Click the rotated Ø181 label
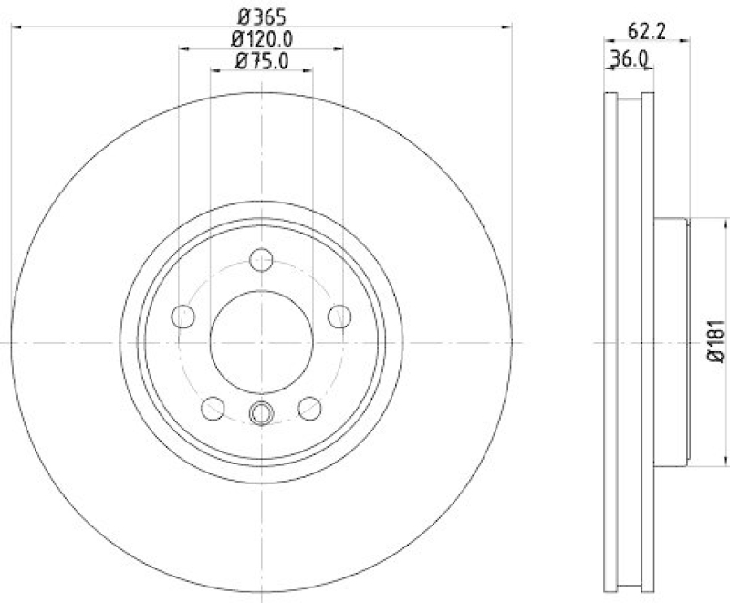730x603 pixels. (714, 341)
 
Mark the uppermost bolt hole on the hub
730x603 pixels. (262, 259)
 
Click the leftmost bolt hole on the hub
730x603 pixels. (184, 316)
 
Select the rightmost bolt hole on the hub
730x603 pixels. (339, 316)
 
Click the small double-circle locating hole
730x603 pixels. (262, 413)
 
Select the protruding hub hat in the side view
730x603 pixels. (671, 341)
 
